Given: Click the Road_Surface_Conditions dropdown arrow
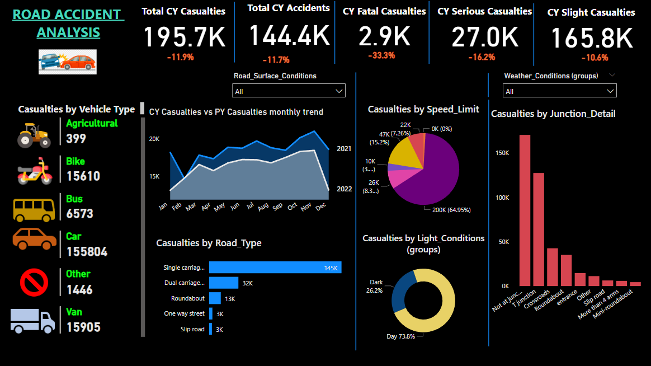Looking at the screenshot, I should pyautogui.click(x=339, y=91).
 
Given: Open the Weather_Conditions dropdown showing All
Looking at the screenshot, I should pyautogui.click(x=560, y=91).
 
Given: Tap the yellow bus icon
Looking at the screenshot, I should pyautogui.click(x=35, y=208).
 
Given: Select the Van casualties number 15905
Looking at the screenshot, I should pyautogui.click(x=83, y=327).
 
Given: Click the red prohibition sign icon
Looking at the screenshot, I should pyautogui.click(x=34, y=283).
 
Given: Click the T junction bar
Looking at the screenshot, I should pyautogui.click(x=539, y=229).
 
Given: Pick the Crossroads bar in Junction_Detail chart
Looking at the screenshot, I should pyautogui.click(x=553, y=267).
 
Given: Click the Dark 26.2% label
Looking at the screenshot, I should pyautogui.click(x=374, y=287).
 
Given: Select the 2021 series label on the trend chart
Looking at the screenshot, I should pyautogui.click(x=345, y=149).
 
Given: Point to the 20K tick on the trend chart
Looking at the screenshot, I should pyautogui.click(x=154, y=139).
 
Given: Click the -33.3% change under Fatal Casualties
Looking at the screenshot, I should pyautogui.click(x=381, y=55).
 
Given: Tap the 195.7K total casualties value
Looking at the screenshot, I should pyautogui.click(x=185, y=37).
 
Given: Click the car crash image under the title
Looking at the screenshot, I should pyautogui.click(x=68, y=62).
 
